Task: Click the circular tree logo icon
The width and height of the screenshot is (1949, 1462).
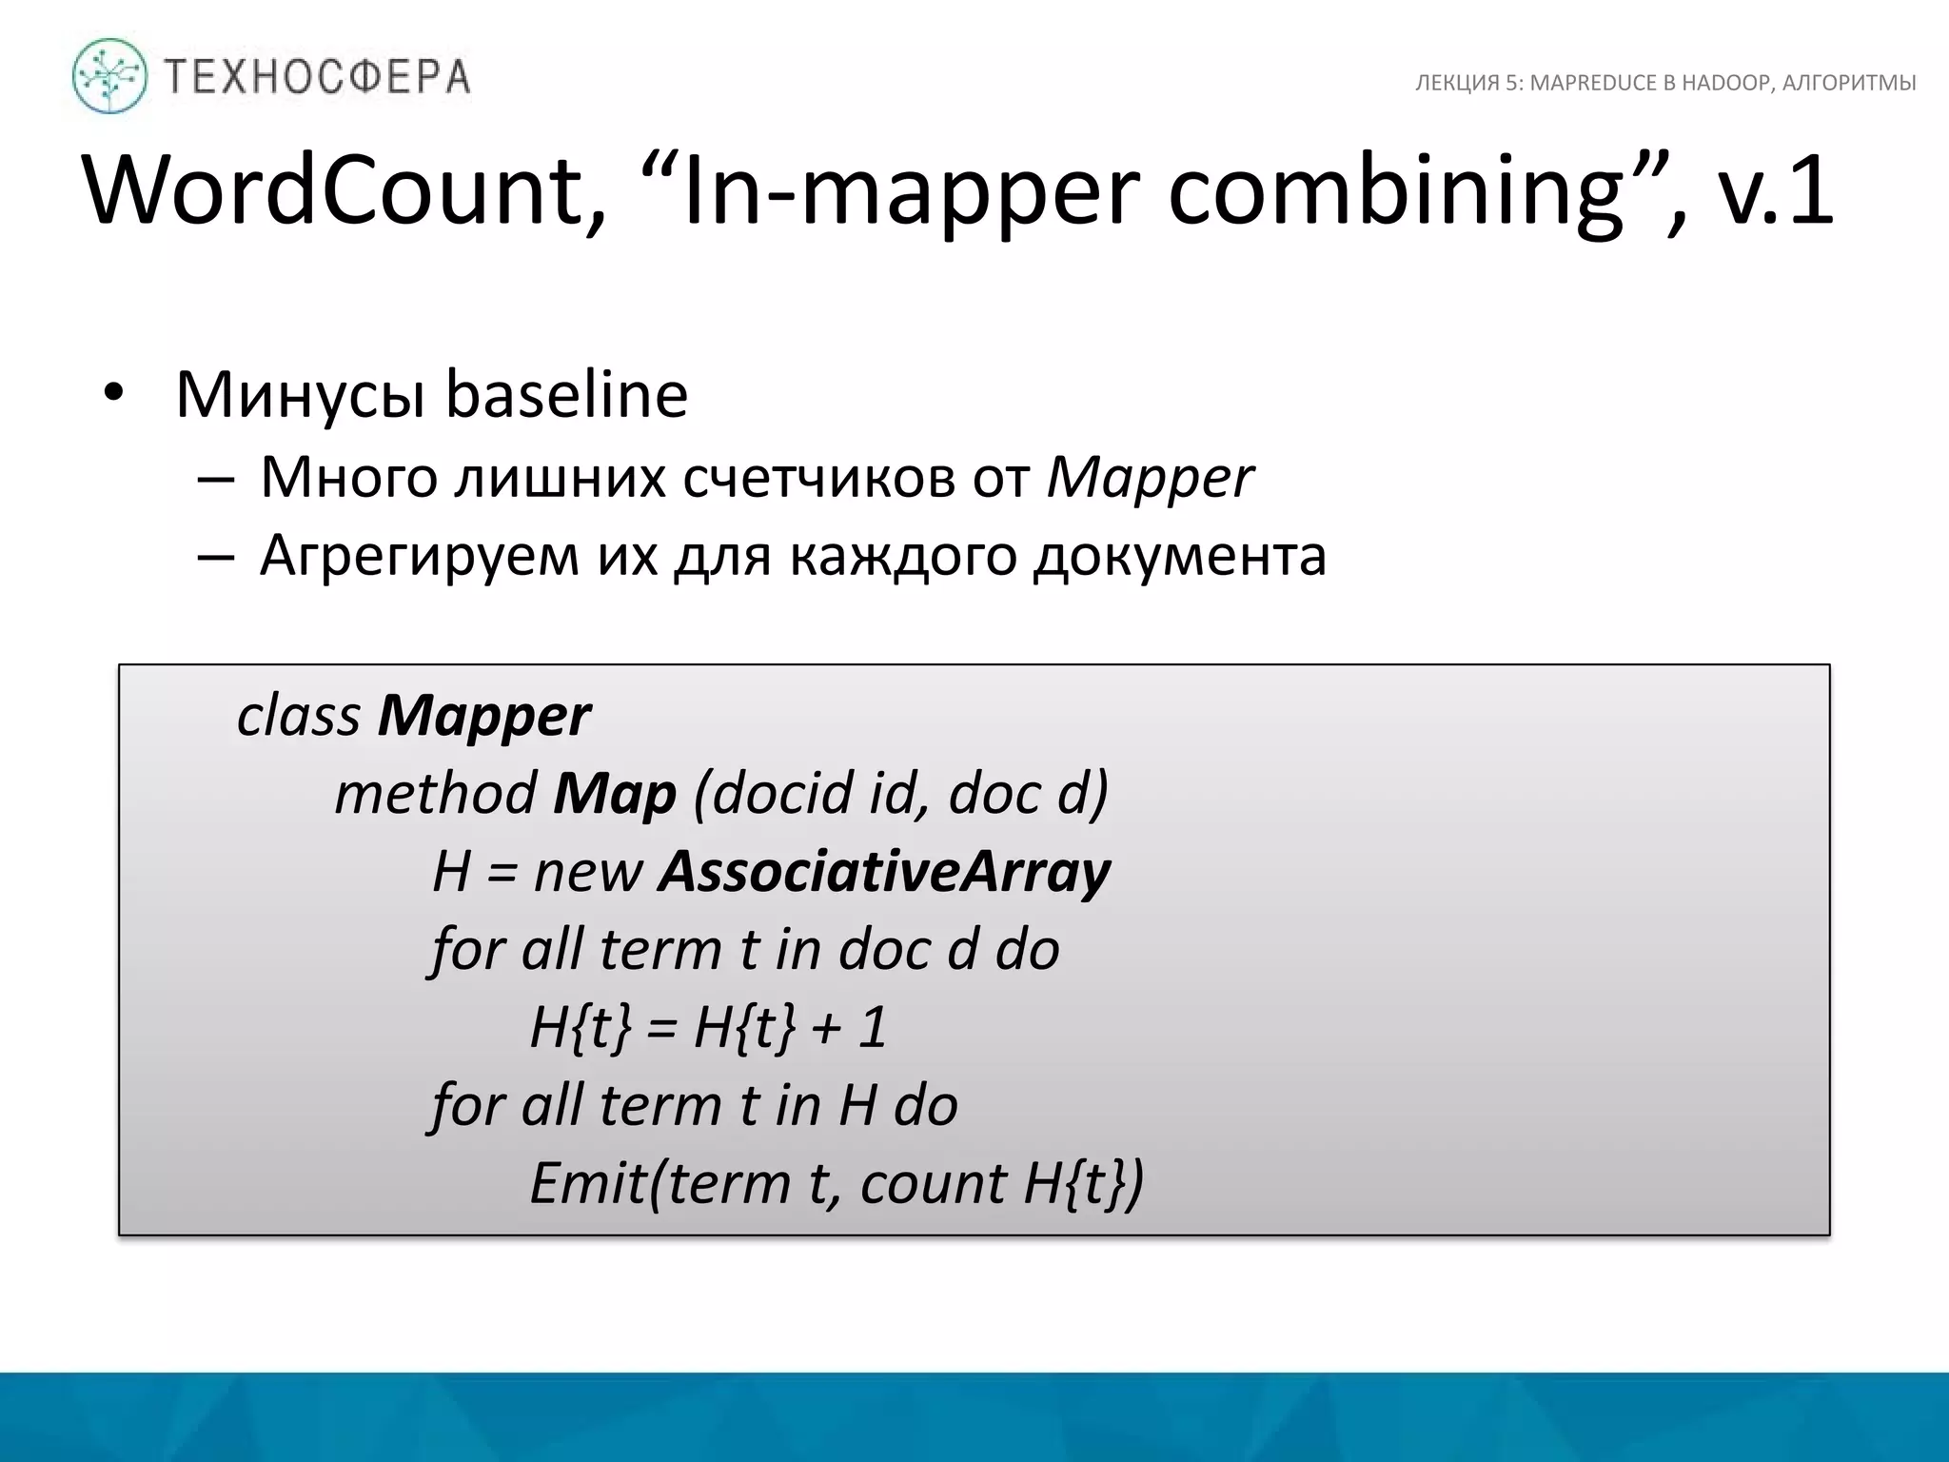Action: tap(109, 76)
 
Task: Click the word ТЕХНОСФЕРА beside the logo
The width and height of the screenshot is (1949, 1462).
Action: tap(318, 76)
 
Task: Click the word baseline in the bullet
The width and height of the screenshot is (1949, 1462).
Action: tap(567, 394)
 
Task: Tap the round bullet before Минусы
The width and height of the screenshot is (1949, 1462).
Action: tap(114, 394)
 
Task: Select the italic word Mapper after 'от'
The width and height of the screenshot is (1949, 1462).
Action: tap(1150, 478)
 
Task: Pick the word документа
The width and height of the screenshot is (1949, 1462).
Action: tap(1180, 556)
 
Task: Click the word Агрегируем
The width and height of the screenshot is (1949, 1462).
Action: tap(420, 556)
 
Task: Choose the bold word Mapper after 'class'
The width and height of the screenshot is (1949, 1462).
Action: tap(483, 716)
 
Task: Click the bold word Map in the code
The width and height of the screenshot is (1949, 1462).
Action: tap(615, 794)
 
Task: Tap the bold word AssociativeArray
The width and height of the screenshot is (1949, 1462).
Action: tap(884, 872)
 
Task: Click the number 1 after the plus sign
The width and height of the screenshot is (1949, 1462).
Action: tap(873, 1028)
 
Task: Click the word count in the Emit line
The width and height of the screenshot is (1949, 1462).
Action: tap(933, 1184)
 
